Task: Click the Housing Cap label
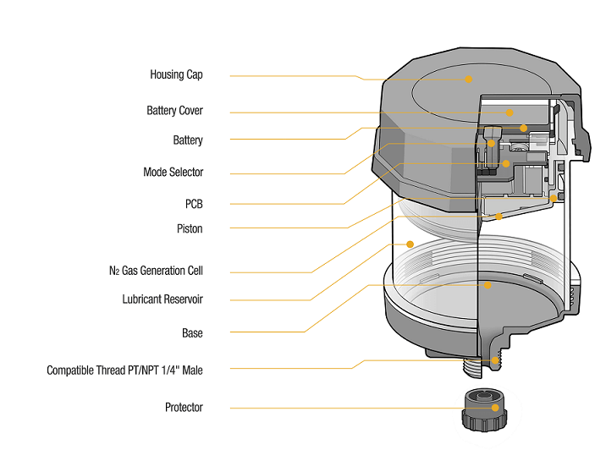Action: pyautogui.click(x=176, y=74)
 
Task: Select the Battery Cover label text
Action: pyautogui.click(x=174, y=111)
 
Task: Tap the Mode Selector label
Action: pyautogui.click(x=174, y=172)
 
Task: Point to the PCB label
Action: pyautogui.click(x=194, y=204)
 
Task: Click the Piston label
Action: pyautogui.click(x=190, y=228)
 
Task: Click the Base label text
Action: pyautogui.click(x=192, y=332)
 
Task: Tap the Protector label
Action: pyautogui.click(x=184, y=407)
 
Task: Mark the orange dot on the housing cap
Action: pyautogui.click(x=468, y=79)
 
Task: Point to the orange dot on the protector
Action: pyautogui.click(x=495, y=408)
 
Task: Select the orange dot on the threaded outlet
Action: pyautogui.click(x=495, y=361)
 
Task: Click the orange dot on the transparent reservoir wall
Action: pyautogui.click(x=410, y=244)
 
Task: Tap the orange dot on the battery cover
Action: pyautogui.click(x=510, y=112)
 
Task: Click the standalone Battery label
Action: pyautogui.click(x=188, y=140)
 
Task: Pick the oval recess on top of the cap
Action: pyautogui.click(x=461, y=85)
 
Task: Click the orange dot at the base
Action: pyautogui.click(x=488, y=285)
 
